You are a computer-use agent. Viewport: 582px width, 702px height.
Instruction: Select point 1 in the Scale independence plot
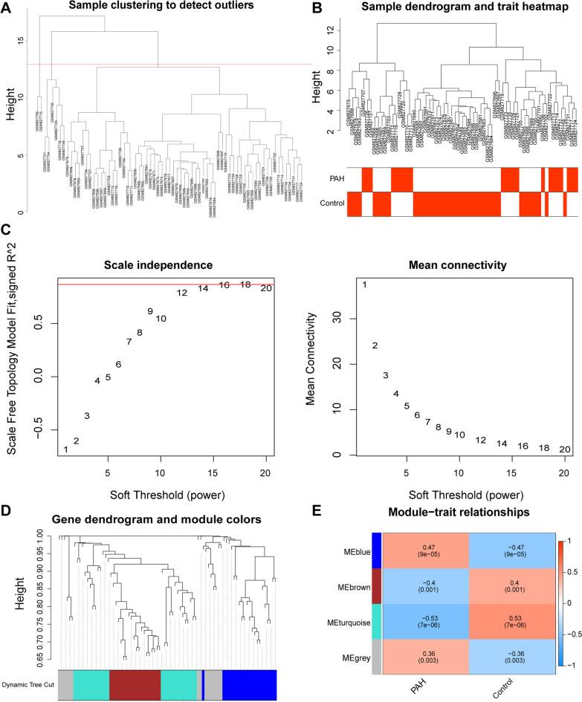tap(65, 449)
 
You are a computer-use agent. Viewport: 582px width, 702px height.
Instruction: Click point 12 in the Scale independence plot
tap(181, 293)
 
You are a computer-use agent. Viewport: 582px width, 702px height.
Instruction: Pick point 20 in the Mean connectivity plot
tap(564, 449)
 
